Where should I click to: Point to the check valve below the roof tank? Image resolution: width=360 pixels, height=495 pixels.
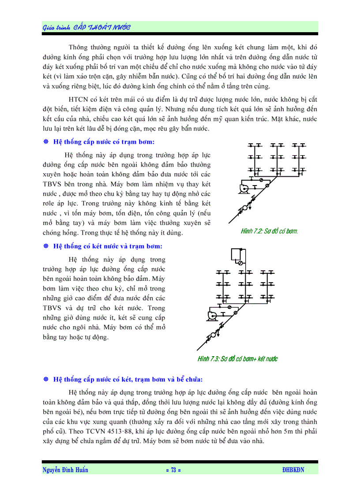pyautogui.click(x=240, y=264)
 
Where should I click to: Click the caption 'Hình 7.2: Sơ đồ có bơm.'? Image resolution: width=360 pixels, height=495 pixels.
pyautogui.click(x=270, y=231)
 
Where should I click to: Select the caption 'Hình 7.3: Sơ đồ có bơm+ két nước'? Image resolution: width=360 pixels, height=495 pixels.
pyautogui.click(x=238, y=359)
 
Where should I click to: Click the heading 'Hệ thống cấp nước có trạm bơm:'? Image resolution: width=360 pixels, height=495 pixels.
pyautogui.click(x=104, y=142)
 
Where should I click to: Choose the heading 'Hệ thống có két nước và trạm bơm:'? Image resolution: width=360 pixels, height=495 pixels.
pyautogui.click(x=108, y=246)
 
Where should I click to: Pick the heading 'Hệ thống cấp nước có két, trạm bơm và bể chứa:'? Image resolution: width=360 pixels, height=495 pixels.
pyautogui.click(x=128, y=379)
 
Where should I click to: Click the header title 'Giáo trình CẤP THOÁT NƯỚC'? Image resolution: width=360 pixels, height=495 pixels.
pyautogui.click(x=86, y=27)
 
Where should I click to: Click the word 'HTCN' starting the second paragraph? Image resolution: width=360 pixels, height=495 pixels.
pyautogui.click(x=79, y=98)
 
